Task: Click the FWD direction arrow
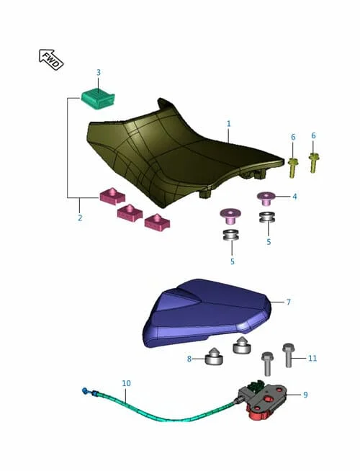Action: point(51,60)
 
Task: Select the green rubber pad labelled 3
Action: point(98,99)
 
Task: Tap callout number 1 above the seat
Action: point(229,123)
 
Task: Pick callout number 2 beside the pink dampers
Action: point(80,217)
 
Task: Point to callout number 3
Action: point(99,73)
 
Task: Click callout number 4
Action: point(294,197)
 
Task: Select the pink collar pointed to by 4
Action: point(266,198)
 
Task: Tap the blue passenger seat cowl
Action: point(207,313)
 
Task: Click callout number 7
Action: point(289,302)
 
